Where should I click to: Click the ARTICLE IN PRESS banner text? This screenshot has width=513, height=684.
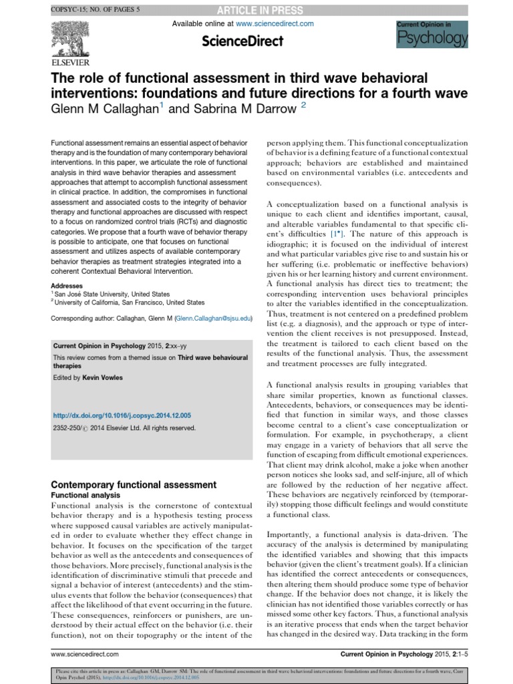point(265,10)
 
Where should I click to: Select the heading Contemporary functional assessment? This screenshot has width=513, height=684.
point(134,484)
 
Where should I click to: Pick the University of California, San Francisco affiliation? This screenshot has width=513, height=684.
point(130,302)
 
